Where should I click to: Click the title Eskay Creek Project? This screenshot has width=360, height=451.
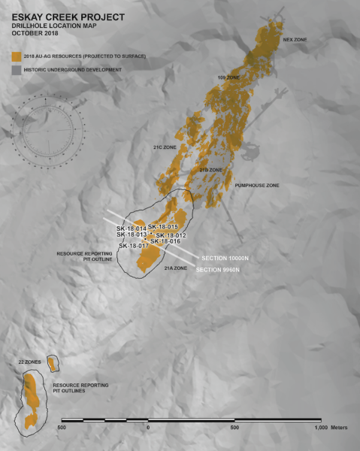tap(54, 15)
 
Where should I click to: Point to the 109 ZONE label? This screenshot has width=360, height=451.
tap(228, 78)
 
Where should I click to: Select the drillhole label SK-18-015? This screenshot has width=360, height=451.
tap(162, 227)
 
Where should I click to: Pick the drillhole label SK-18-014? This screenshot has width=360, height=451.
tap(132, 229)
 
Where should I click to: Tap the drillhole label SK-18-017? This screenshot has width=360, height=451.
tap(133, 246)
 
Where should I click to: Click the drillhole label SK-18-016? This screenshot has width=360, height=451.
tap(165, 241)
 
